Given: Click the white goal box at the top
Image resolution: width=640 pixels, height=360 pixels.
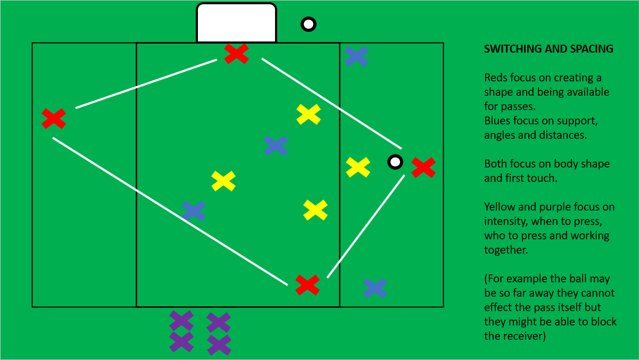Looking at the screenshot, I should (236, 22).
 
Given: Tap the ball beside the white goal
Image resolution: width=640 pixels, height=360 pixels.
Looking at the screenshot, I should (309, 24).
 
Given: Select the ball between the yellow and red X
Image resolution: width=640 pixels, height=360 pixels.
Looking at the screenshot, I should (395, 162).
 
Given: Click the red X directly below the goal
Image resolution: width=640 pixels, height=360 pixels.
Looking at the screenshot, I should (236, 53).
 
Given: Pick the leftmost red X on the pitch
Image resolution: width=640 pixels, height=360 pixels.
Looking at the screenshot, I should (54, 118).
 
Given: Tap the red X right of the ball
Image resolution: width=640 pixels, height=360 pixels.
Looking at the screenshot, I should (423, 167).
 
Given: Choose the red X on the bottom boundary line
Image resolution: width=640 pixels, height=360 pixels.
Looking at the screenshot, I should (307, 284).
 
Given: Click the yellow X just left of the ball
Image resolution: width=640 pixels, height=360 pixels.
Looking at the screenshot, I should (358, 167).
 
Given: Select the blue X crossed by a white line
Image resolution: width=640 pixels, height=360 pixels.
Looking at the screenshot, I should (194, 211).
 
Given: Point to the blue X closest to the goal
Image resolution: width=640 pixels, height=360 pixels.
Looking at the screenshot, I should (356, 56).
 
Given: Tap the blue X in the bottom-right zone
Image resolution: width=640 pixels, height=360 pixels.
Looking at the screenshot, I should (375, 288).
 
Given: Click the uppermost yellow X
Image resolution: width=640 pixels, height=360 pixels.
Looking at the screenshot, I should (309, 114).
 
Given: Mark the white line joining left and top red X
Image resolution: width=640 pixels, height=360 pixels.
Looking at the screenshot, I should (146, 83).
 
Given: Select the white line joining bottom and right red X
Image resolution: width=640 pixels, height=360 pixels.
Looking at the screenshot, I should (366, 225).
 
